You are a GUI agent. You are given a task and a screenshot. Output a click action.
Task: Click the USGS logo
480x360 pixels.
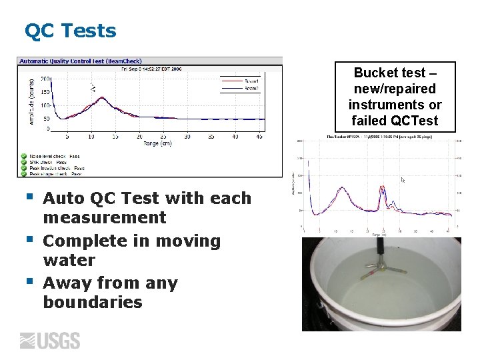50,341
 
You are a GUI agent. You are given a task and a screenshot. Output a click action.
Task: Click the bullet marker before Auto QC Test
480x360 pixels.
29,197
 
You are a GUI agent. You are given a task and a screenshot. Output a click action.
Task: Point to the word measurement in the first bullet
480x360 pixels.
104,217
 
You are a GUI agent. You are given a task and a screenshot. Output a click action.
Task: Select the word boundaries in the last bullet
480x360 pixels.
93,302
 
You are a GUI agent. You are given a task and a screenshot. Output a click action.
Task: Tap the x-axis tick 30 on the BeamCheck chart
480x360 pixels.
187,136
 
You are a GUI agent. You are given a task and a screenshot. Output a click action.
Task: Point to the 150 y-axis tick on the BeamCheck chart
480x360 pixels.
45,92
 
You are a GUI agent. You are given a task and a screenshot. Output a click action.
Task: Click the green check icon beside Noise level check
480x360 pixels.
23,156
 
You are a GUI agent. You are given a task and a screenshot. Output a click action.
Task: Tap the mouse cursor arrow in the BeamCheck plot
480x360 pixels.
93,87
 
